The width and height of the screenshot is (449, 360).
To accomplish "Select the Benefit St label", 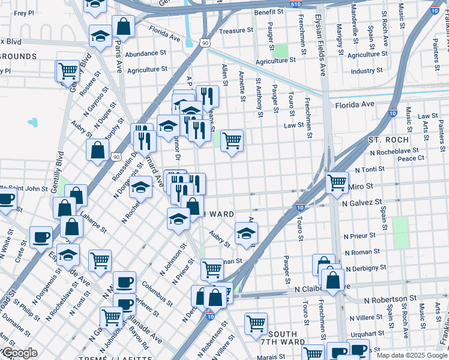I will click(268, 12).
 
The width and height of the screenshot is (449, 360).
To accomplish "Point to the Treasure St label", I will click(234, 31).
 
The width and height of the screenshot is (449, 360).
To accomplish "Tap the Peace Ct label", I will click(411, 158).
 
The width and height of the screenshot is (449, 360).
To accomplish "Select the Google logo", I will click(19, 353).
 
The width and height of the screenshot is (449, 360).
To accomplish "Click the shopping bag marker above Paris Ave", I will click(123, 26).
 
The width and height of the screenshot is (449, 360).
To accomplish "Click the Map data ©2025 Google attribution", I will click(411, 355).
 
